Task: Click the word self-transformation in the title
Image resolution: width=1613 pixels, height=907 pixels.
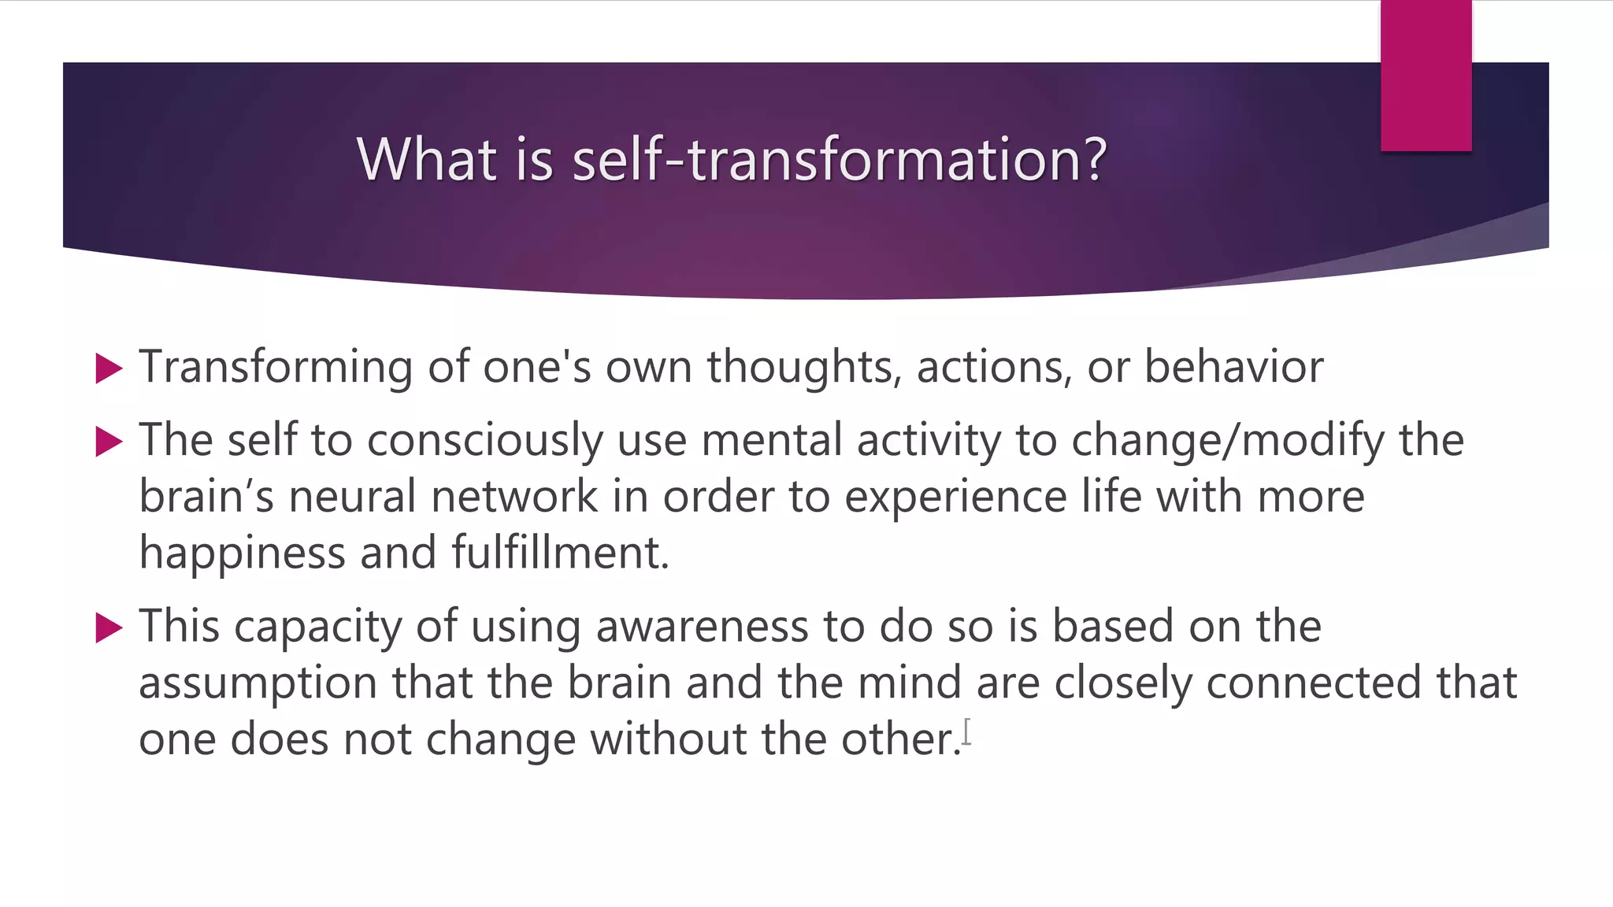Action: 840,160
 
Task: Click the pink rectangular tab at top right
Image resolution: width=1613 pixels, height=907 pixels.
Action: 1426,76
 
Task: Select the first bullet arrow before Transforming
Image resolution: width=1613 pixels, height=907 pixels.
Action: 109,368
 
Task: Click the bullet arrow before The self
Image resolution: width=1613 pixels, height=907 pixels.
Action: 109,442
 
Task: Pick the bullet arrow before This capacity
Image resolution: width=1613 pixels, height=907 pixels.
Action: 109,628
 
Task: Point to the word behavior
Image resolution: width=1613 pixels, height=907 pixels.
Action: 1233,368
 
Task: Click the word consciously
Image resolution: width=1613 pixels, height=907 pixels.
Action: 485,441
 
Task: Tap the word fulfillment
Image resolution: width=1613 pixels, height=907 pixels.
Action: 560,553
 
